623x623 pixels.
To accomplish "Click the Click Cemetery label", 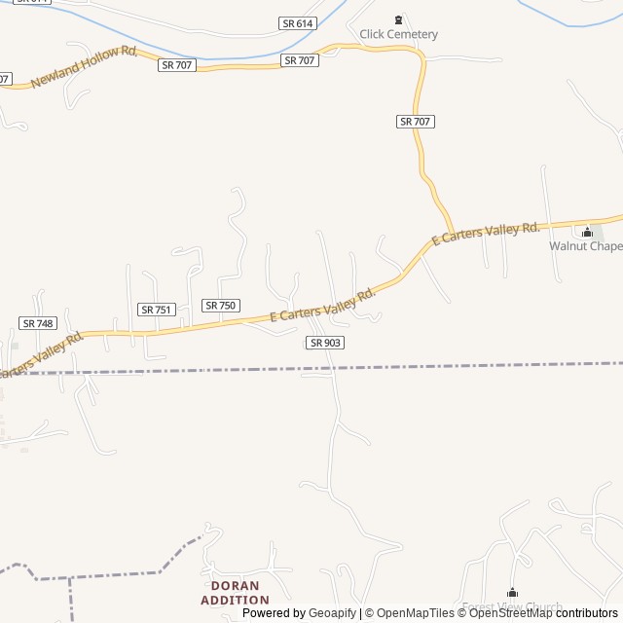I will click(x=398, y=34).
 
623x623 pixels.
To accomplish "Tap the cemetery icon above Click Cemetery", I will click(x=397, y=19).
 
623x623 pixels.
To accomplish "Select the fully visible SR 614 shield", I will click(x=295, y=21).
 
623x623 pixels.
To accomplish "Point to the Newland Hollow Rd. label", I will click(x=85, y=67).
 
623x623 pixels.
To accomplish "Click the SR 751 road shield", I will click(x=157, y=310).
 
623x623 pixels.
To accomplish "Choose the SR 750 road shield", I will click(x=221, y=306).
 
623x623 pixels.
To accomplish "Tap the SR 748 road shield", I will click(x=38, y=323).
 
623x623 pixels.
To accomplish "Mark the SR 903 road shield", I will click(x=325, y=343).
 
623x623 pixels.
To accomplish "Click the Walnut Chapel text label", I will click(x=586, y=246).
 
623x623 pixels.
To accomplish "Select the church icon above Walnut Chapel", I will click(x=587, y=232).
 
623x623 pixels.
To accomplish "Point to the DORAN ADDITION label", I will click(x=235, y=593).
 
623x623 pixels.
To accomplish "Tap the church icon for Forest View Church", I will click(x=512, y=593).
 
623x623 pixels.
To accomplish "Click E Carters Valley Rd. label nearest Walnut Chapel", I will click(x=485, y=234).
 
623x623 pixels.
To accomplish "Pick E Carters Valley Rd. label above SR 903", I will click(x=322, y=306).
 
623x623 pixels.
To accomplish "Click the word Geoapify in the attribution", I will click(x=332, y=613).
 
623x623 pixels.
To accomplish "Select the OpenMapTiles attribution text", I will click(x=414, y=613).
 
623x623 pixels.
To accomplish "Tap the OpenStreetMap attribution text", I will click(x=511, y=613).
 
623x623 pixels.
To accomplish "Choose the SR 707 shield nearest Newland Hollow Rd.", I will click(x=176, y=64).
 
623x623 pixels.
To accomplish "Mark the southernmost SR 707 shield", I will click(x=416, y=121).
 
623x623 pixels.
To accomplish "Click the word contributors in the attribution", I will click(x=587, y=613).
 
